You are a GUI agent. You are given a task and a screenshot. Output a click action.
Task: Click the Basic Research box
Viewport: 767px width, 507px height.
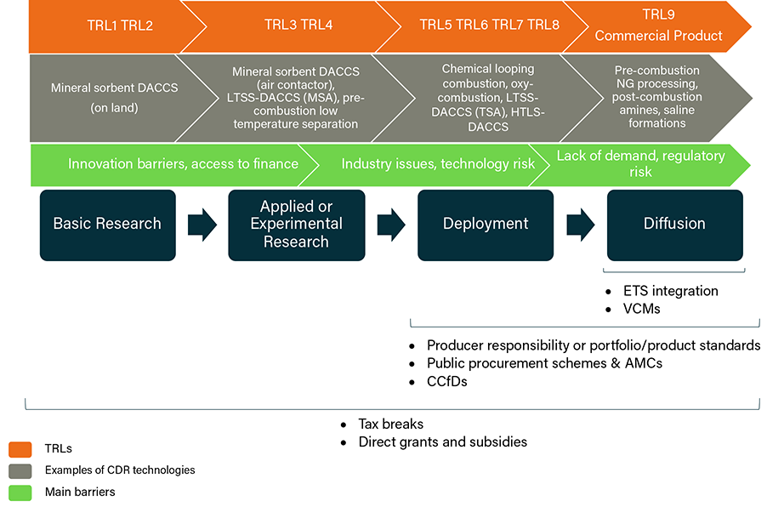click(x=107, y=225)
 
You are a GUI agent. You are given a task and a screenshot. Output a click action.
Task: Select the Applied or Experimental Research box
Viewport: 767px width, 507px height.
click(x=296, y=225)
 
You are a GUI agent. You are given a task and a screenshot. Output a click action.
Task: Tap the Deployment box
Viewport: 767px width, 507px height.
click(x=485, y=225)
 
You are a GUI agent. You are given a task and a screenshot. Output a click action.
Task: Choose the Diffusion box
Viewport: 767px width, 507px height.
click(x=674, y=225)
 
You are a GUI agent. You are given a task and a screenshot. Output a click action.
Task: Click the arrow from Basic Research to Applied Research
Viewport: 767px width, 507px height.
click(x=202, y=225)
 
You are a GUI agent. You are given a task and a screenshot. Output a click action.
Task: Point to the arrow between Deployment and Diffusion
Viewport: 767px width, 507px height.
click(x=580, y=225)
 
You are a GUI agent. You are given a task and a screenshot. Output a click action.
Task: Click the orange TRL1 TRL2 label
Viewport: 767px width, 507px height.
click(x=119, y=26)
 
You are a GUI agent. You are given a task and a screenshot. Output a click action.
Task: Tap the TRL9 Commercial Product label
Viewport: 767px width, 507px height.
click(x=658, y=26)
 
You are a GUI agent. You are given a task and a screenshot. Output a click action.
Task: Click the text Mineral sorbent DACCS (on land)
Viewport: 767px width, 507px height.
click(x=106, y=98)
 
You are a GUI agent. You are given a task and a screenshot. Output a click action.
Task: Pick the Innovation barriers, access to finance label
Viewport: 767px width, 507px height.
click(x=183, y=163)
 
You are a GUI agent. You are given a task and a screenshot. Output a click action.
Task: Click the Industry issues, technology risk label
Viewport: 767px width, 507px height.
click(x=438, y=163)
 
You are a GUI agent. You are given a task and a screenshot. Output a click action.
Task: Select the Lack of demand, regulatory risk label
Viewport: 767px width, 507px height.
click(x=640, y=163)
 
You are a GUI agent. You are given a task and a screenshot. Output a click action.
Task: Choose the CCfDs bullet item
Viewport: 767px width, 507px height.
click(x=446, y=382)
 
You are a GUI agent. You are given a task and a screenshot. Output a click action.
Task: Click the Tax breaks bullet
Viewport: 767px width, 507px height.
click(x=390, y=424)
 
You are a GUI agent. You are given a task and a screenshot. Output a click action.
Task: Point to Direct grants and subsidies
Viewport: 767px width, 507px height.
click(x=442, y=442)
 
